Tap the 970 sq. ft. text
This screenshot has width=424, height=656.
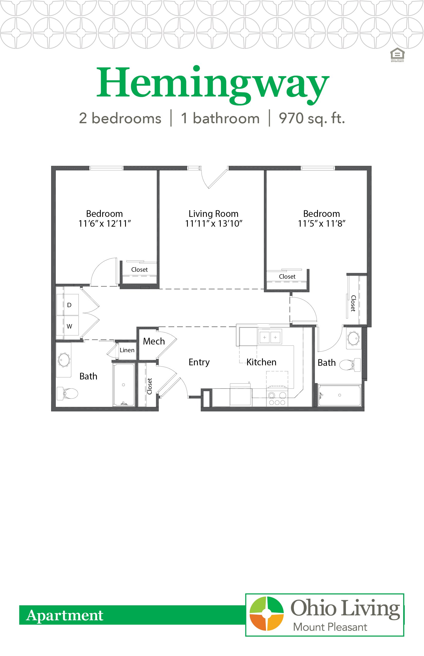point(311,119)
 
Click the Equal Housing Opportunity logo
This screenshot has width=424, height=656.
point(397,55)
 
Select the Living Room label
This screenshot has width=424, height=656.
point(213,214)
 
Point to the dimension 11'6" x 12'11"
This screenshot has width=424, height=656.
point(104,224)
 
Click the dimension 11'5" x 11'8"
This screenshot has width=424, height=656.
point(321,224)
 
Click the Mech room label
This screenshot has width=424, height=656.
point(154,341)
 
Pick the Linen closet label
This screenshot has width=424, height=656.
point(127,350)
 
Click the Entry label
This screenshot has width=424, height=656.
point(199,362)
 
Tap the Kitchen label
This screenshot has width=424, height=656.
point(261,362)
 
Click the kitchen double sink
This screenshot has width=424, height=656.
point(270,337)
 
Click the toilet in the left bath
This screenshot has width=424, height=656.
point(68,393)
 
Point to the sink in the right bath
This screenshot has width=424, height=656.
point(353,338)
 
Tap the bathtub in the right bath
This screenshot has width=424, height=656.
point(339,395)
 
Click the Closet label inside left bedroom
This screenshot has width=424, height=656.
point(139,270)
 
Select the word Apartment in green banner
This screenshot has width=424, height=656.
point(65,615)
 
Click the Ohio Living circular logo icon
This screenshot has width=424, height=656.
point(266,614)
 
